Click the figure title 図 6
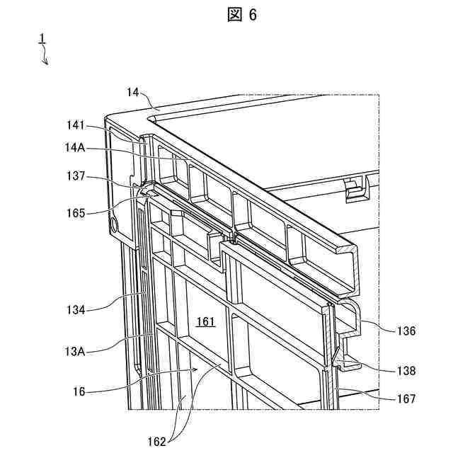pos(242,16)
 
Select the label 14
pos(134,92)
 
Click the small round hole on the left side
pos(114,225)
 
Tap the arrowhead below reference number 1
pos(47,63)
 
